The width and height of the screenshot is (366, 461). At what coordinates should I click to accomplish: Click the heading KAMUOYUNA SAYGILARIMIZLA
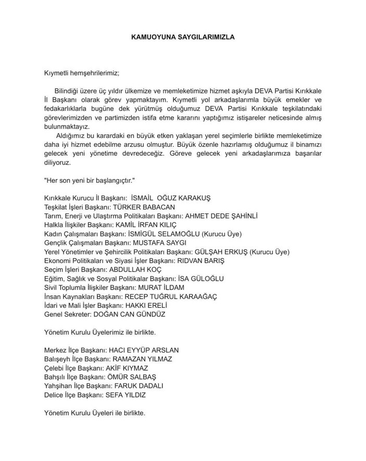(183, 38)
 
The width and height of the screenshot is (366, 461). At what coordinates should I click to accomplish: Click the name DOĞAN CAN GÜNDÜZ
(137, 314)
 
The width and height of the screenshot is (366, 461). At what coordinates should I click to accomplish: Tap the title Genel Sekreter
(66, 314)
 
